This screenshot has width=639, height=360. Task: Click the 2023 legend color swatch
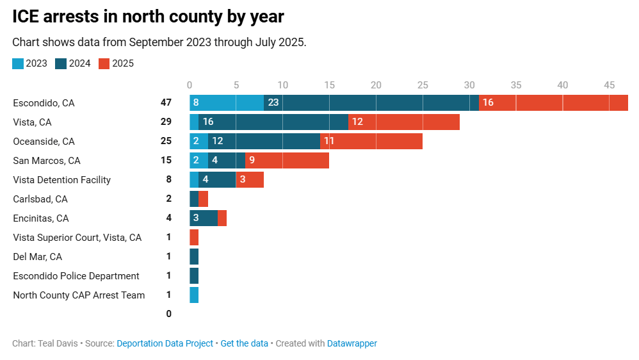coord(18,63)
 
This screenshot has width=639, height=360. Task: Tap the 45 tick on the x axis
coord(609,85)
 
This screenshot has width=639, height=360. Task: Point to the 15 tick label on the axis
coord(329,85)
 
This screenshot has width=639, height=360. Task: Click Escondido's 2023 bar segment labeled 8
coord(227,102)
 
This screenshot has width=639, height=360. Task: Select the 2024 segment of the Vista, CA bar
coord(273,122)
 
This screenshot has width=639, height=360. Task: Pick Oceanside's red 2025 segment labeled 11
coord(371,141)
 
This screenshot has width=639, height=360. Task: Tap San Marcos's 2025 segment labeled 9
coord(287,160)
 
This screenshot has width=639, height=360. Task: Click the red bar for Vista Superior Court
coord(194,237)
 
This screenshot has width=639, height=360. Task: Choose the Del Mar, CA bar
coord(194,256)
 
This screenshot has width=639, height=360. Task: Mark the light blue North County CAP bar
coord(194,295)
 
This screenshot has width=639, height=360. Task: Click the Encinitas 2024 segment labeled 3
coord(204,218)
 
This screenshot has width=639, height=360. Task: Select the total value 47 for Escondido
coord(166,103)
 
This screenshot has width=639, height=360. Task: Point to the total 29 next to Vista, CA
coord(166,122)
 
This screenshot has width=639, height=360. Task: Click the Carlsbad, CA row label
coord(40,199)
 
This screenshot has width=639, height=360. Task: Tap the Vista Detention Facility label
coord(61,180)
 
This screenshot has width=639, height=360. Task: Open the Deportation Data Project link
coord(165,343)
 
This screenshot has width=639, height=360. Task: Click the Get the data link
coord(244,343)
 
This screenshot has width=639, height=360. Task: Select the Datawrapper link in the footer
coord(352,343)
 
